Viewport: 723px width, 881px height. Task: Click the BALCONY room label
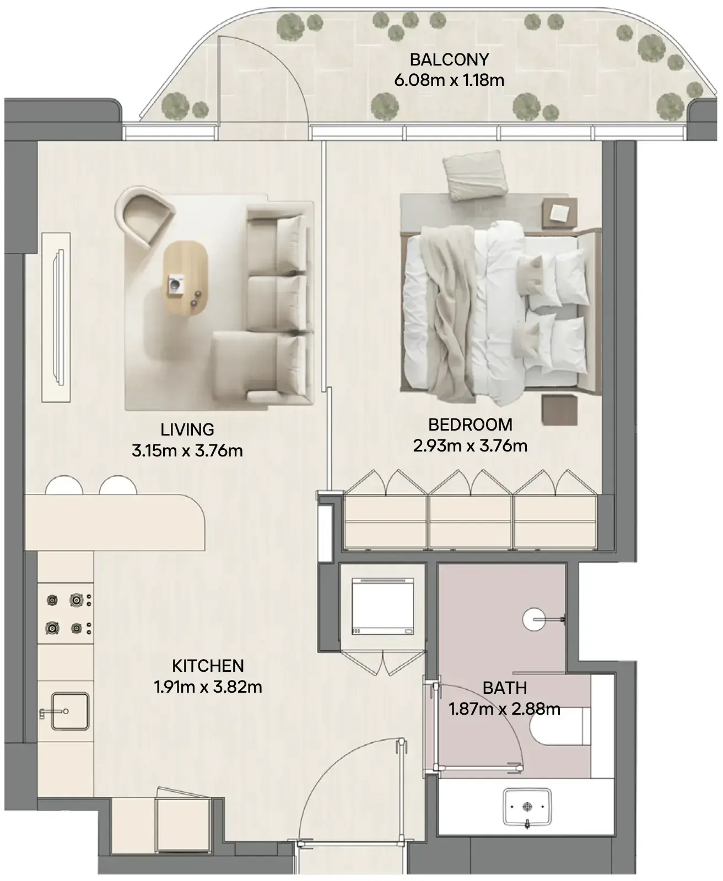click(449, 59)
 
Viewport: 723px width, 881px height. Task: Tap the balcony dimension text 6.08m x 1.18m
click(449, 80)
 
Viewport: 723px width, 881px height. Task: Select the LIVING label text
click(187, 430)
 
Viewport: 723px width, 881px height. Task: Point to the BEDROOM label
click(470, 425)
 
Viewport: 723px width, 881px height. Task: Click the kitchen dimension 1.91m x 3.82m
click(208, 687)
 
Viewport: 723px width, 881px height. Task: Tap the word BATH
click(505, 688)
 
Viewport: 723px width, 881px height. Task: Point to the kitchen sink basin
click(70, 711)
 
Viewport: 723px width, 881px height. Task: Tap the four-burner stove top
click(66, 613)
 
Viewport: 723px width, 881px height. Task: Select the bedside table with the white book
click(559, 214)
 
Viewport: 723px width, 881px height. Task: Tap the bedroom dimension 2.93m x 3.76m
click(470, 445)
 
